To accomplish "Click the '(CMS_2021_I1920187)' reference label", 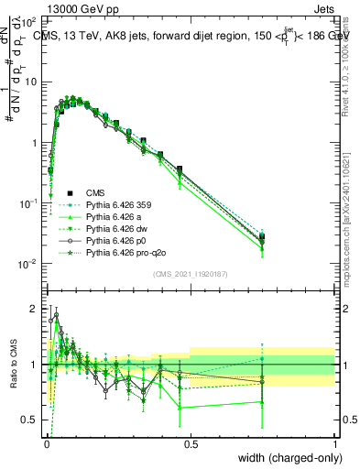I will coord(190,275).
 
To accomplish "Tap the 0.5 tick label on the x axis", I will coord(191,444).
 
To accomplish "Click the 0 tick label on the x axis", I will coord(47,444).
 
